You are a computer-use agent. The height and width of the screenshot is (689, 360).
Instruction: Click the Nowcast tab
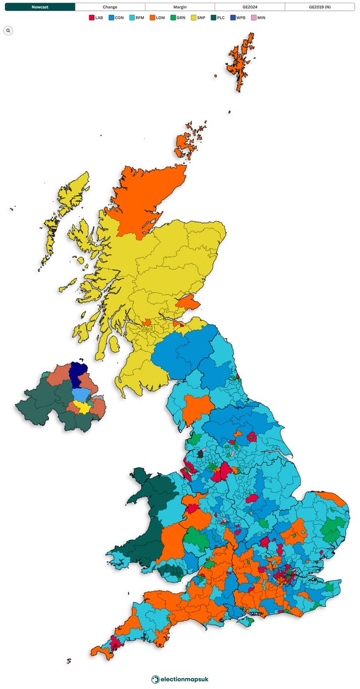point(39,7)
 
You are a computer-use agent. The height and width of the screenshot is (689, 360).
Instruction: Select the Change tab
point(110,7)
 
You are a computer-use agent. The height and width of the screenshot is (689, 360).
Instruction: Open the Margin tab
point(180,7)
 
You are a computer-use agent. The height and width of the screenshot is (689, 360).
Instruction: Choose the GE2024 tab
point(250,7)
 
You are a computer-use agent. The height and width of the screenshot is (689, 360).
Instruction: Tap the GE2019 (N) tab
point(320,7)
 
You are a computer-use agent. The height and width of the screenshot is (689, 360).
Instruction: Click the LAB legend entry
point(96,18)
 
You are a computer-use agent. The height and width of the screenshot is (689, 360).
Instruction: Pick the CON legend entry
point(116,18)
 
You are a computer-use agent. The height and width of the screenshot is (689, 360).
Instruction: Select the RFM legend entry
point(137,18)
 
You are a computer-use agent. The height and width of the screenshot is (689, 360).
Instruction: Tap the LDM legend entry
point(158,18)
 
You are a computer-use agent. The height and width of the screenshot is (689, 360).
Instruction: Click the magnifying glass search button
point(8,30)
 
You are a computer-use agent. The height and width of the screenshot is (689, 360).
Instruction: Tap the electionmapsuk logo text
point(184,679)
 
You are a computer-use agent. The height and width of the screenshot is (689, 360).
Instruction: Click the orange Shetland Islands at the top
point(240,60)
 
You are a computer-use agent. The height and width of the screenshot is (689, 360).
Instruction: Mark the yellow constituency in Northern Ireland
point(83,407)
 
